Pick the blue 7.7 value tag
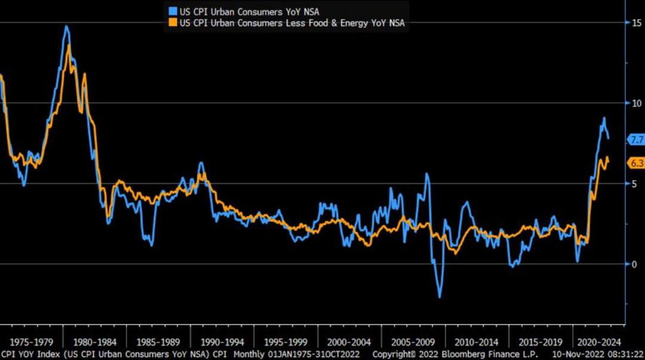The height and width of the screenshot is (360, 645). (x=635, y=140)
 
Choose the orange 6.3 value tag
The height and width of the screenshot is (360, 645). (x=635, y=163)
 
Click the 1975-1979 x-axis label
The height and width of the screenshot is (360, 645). (x=31, y=343)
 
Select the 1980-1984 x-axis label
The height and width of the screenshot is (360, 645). (x=94, y=343)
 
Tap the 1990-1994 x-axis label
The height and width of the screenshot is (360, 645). (x=222, y=343)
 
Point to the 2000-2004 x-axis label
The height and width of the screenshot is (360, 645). (x=349, y=343)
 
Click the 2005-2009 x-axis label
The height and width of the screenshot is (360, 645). (x=413, y=343)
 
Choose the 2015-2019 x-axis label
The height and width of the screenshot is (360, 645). (x=540, y=343)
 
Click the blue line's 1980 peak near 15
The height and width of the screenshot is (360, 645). (x=66, y=26)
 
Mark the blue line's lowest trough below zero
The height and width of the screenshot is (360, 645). (x=440, y=297)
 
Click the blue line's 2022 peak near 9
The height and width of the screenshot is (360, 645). (x=604, y=118)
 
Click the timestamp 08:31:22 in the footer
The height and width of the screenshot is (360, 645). (x=623, y=354)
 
